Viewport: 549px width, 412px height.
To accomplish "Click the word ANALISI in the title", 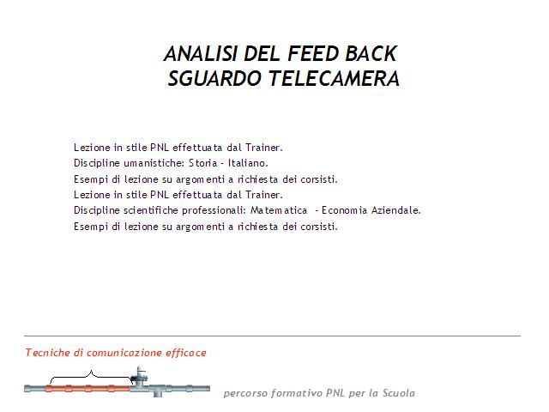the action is [x=201, y=53].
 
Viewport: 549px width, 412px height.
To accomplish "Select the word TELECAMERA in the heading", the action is [x=334, y=78].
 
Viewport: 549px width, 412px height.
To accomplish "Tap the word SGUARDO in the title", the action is [x=215, y=78].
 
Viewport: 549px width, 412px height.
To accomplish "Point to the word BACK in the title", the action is [x=371, y=53].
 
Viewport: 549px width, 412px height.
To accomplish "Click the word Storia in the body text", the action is [x=203, y=163].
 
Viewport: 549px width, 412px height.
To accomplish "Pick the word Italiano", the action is [x=248, y=163].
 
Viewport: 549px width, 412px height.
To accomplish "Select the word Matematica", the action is [x=279, y=210].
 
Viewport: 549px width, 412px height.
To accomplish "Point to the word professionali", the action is [x=214, y=210].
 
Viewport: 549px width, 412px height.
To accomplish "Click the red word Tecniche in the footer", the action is [x=48, y=353].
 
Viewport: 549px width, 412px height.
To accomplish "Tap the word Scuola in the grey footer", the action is [x=398, y=393].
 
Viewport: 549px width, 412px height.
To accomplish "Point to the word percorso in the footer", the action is [x=246, y=393].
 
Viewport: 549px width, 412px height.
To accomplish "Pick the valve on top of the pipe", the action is [x=139, y=376].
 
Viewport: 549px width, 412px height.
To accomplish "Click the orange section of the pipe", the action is [x=87, y=388].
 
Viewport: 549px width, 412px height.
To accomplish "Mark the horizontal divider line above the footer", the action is [x=272, y=336].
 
